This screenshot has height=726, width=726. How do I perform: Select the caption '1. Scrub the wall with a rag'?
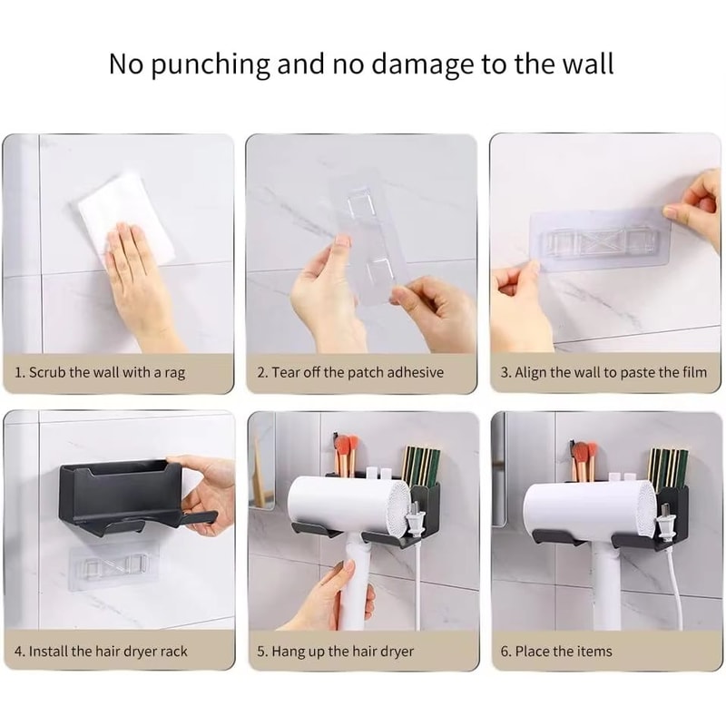(x=100, y=372)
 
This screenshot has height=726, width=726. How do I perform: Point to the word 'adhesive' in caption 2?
(x=416, y=372)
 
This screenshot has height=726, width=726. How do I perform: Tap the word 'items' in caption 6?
(x=594, y=652)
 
